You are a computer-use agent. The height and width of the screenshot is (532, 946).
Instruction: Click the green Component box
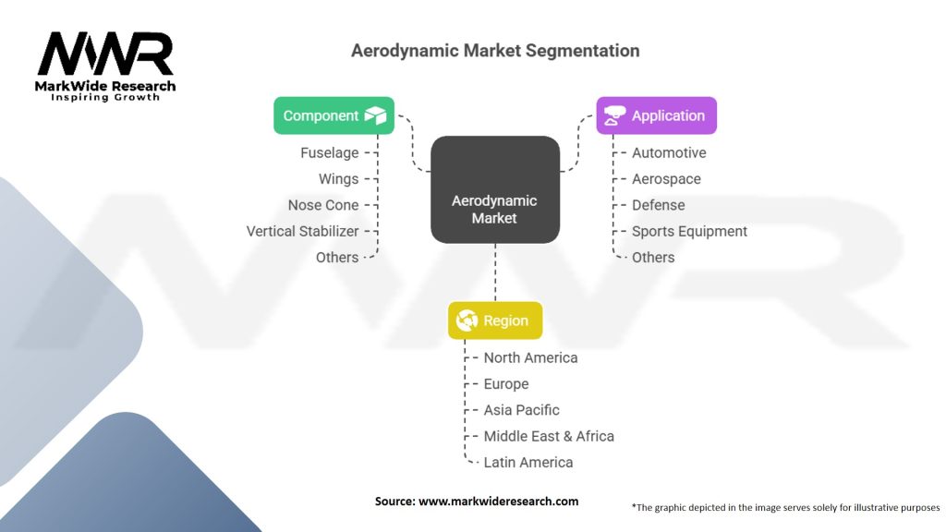pyautogui.click(x=334, y=115)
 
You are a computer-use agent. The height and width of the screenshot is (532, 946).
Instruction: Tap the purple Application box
pyautogui.click(x=656, y=115)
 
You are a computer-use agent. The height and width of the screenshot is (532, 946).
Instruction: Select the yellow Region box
pyautogui.click(x=495, y=320)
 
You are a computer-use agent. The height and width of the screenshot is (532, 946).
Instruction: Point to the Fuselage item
pyautogui.click(x=329, y=152)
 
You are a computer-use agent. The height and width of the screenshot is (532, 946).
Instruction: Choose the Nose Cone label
pyautogui.click(x=323, y=205)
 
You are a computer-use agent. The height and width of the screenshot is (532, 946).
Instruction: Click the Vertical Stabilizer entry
pyautogui.click(x=302, y=231)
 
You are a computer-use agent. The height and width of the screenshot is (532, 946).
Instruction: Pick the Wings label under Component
pyautogui.click(x=338, y=178)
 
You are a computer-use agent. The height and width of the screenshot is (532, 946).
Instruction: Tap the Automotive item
pyautogui.click(x=669, y=152)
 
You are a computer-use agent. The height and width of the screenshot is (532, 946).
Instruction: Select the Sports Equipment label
pyautogui.click(x=689, y=231)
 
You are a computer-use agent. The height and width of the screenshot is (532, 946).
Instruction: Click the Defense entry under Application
pyautogui.click(x=659, y=205)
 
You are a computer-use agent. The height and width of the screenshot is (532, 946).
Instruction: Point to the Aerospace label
pyautogui.click(x=666, y=178)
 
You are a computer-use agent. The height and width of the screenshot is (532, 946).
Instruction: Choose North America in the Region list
pyautogui.click(x=530, y=357)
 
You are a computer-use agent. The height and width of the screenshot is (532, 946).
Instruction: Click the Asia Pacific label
pyautogui.click(x=522, y=409)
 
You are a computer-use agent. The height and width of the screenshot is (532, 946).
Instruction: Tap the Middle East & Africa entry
pyautogui.click(x=549, y=436)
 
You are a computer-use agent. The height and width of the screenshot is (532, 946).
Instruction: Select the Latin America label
pyautogui.click(x=528, y=462)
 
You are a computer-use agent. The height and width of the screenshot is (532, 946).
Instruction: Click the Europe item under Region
pyautogui.click(x=506, y=383)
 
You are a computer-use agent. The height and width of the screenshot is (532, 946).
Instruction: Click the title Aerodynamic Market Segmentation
pyautogui.click(x=495, y=50)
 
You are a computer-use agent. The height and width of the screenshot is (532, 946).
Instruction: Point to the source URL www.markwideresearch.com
pyautogui.click(x=499, y=501)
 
